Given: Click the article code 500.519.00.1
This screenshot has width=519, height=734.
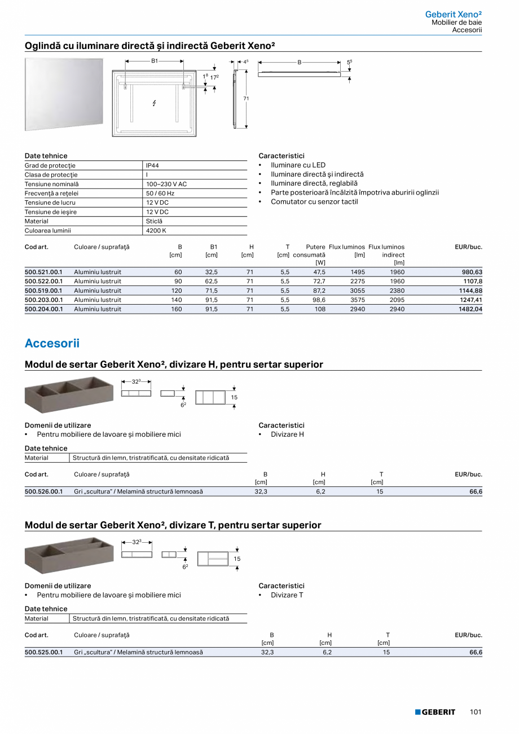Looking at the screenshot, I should coord(43,291).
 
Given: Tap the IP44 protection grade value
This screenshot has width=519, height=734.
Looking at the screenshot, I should coord(152,165).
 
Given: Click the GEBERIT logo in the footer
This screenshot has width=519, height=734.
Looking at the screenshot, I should coord(435,712).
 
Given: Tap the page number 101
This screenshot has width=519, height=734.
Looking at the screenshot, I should coord(476,712).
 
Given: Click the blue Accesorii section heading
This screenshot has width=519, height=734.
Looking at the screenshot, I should coord(52,343).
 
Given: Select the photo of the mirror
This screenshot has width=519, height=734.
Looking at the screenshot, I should coord(64,94).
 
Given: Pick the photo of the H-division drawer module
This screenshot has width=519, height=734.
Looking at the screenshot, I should coord(69,394).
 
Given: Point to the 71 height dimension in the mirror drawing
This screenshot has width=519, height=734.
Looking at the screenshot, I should coord(246,99).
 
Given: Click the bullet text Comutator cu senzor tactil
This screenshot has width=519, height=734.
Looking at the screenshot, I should coord(314,201).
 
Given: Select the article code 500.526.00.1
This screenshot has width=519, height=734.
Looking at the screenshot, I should coord(43,491).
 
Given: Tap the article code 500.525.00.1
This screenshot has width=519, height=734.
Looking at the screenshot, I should coord(43,652).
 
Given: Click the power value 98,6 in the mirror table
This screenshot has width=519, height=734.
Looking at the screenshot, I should coord(319,300).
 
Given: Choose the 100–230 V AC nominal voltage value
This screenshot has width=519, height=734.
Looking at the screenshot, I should coord(166,184).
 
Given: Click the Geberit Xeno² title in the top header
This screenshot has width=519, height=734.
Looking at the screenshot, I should coord(453,14).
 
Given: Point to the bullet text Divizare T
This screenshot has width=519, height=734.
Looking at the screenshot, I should coord(287,595).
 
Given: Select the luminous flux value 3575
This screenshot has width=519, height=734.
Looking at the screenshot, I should coord(358,300).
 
